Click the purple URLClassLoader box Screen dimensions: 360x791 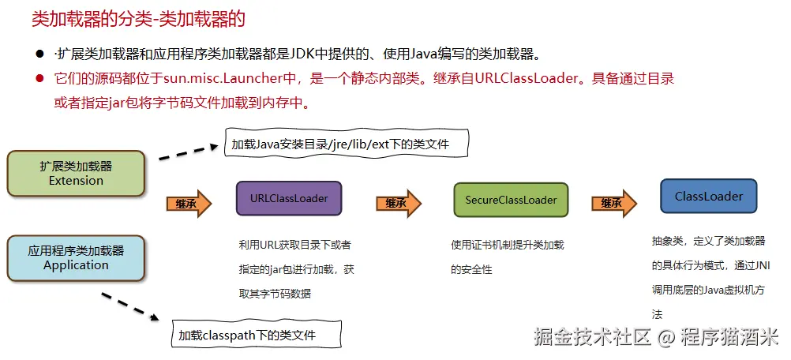click(289, 198)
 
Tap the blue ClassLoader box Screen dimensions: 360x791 click(709, 196)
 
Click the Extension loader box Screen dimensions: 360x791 click(76, 174)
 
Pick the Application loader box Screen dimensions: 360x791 click(76, 258)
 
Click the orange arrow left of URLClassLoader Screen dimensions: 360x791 click(189, 203)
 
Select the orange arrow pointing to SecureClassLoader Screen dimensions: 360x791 click(399, 203)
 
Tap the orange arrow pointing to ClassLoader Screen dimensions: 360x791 click(614, 203)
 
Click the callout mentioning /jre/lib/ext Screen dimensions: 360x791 click(347, 144)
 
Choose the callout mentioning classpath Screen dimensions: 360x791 click(257, 335)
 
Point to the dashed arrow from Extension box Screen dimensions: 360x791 click(188, 150)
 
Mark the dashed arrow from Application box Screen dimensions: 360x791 click(132, 308)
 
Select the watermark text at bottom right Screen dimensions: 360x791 click(655, 337)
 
